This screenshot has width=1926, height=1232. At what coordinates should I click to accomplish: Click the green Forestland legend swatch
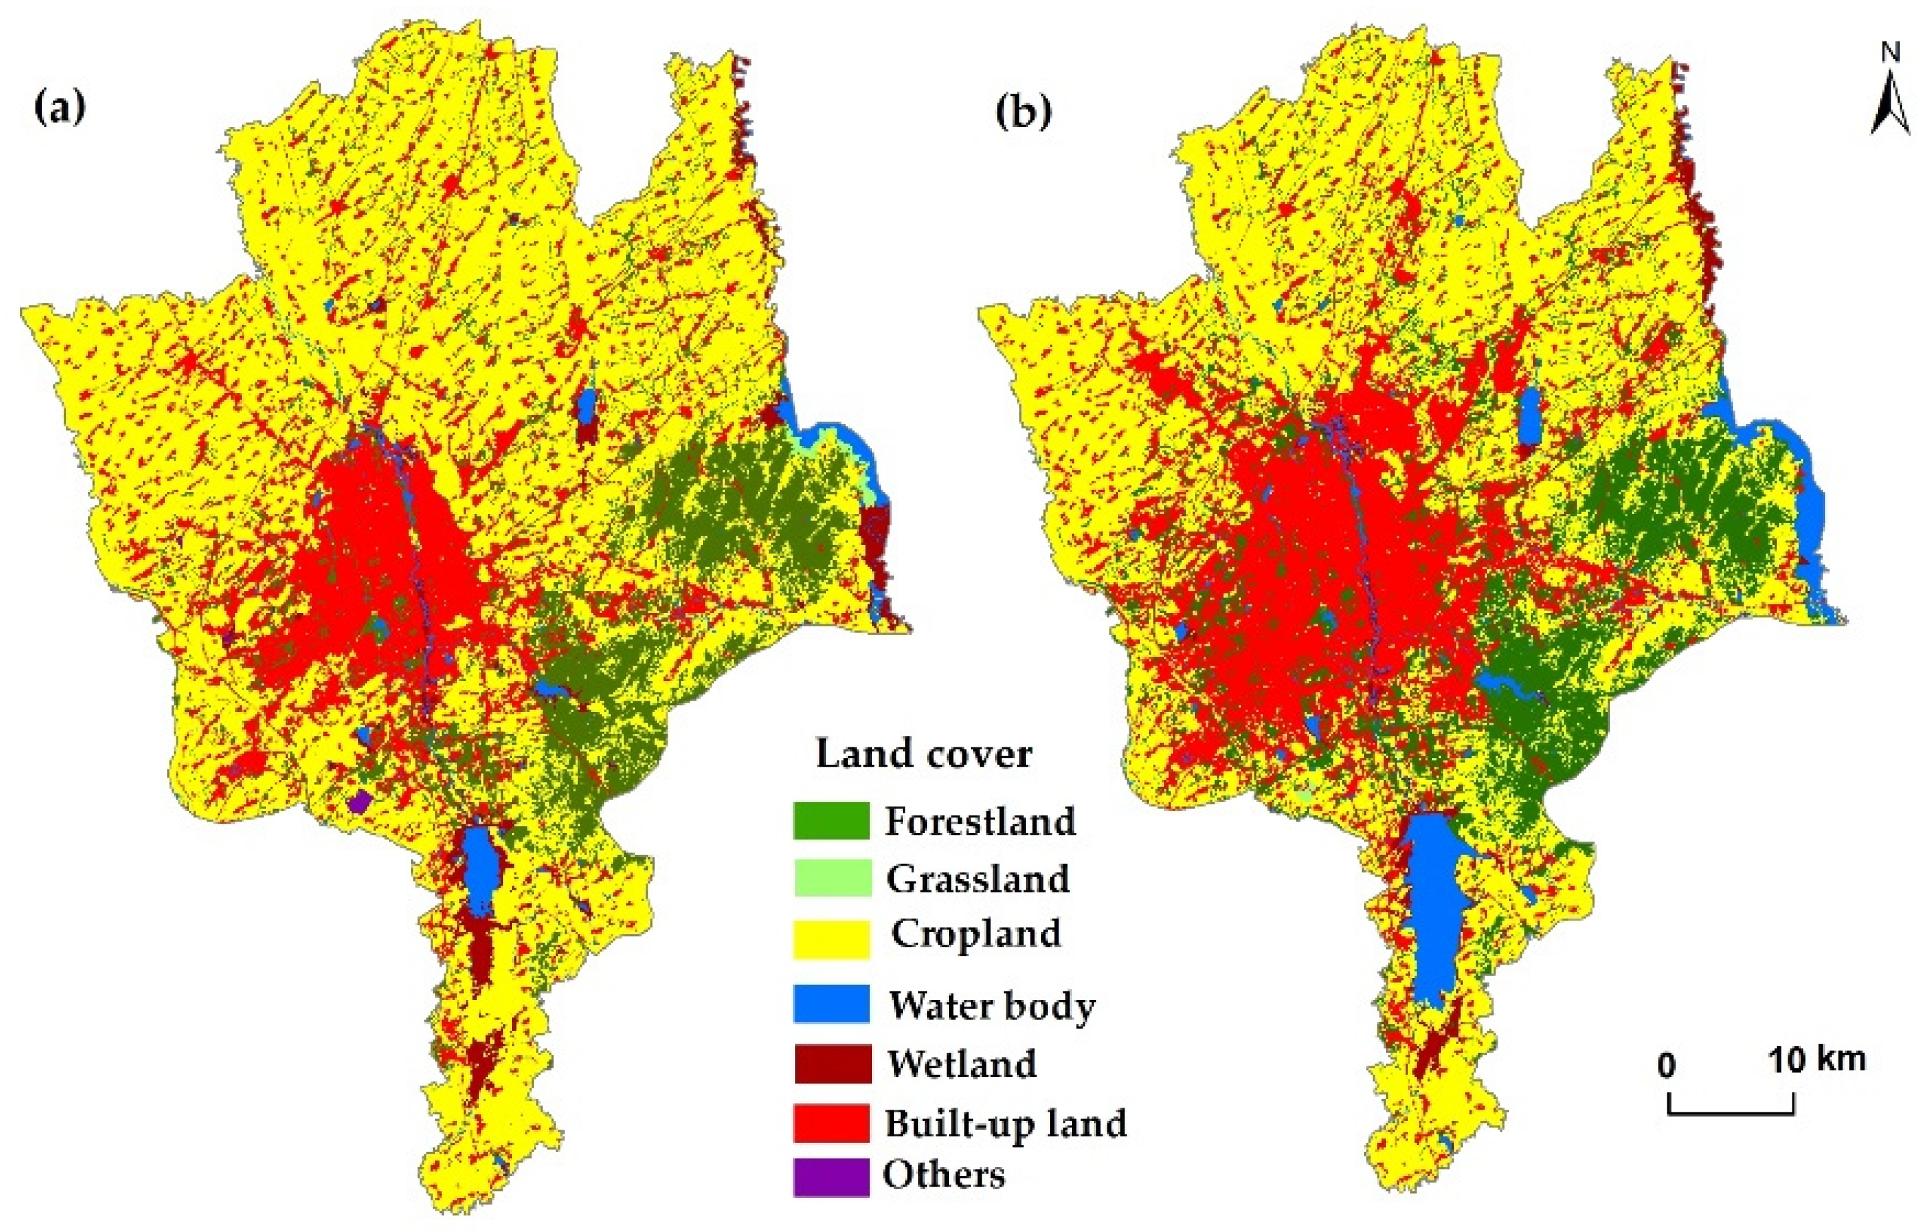click(831, 821)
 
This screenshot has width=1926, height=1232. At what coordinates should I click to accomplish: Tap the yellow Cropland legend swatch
click(831, 939)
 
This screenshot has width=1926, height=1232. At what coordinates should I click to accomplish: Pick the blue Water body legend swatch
click(831, 1003)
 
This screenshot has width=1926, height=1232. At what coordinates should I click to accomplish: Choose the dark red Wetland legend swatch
click(831, 1063)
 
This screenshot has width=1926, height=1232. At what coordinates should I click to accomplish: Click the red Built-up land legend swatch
click(831, 1122)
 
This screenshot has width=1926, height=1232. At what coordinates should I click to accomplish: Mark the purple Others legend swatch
click(831, 1177)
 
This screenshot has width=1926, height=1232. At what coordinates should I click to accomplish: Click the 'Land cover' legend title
click(923, 753)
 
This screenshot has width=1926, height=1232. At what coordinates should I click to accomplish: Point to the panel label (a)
click(60, 107)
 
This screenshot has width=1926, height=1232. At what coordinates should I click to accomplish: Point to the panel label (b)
click(1023, 110)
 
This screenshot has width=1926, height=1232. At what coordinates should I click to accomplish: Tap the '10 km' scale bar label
click(1817, 1060)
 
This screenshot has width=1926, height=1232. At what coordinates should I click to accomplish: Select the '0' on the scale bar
click(1667, 1065)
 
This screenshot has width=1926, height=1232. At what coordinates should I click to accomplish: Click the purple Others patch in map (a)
click(362, 802)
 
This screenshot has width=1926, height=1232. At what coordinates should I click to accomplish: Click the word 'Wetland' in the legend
click(962, 1063)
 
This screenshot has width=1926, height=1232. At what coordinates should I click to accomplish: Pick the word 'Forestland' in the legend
click(980, 821)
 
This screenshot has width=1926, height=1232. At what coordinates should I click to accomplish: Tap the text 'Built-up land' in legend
click(1005, 1122)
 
